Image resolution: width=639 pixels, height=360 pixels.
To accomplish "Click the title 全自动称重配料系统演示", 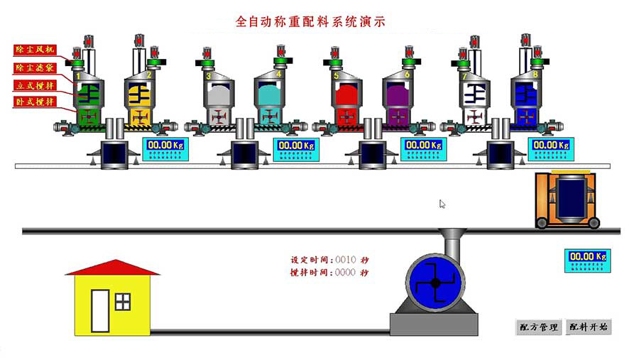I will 310,22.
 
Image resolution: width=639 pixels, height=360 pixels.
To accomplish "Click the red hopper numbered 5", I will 346,95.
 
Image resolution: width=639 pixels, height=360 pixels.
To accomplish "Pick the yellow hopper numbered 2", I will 140,95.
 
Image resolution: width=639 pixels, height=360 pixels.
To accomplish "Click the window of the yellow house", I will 123,301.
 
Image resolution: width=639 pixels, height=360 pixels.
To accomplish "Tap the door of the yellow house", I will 99,311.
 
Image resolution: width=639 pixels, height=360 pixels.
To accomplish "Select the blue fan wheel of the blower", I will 435,282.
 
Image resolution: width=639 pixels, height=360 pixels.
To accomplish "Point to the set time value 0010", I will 345,260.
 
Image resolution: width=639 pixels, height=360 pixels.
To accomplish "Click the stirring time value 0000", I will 345,273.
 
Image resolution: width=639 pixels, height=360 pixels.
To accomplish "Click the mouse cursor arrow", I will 442,204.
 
